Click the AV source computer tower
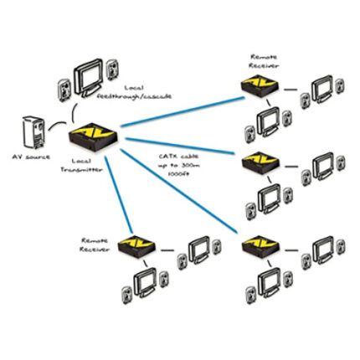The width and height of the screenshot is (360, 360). tap(32, 131)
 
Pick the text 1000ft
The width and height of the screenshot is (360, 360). tap(175, 177)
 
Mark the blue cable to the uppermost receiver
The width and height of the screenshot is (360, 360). tap(184, 110)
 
